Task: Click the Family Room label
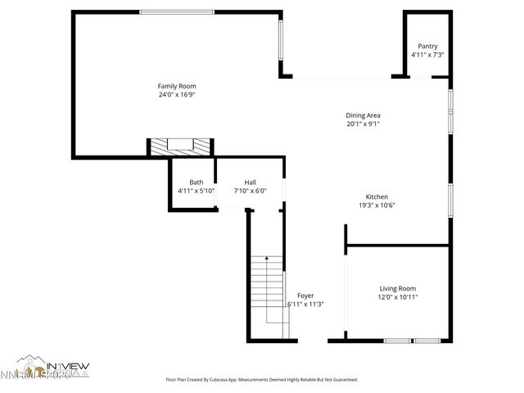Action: pos(177,86)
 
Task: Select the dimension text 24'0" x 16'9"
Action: pos(177,94)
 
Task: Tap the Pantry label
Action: pos(427,47)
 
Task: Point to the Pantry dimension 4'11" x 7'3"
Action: pos(427,55)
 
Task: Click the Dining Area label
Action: pos(363,115)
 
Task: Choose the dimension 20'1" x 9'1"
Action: pos(363,124)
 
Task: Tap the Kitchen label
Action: pos(377,197)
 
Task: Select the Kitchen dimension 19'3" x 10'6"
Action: pos(377,206)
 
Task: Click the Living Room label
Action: pos(398,288)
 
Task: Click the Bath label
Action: pos(196,183)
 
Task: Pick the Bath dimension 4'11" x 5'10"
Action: pos(196,191)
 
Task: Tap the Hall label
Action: pos(251,183)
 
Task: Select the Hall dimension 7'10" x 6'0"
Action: pos(251,191)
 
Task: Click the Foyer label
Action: pos(305,296)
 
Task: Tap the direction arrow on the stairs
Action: pos(267,260)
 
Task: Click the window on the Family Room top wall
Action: pos(177,11)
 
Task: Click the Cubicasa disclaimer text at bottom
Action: pos(262,380)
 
